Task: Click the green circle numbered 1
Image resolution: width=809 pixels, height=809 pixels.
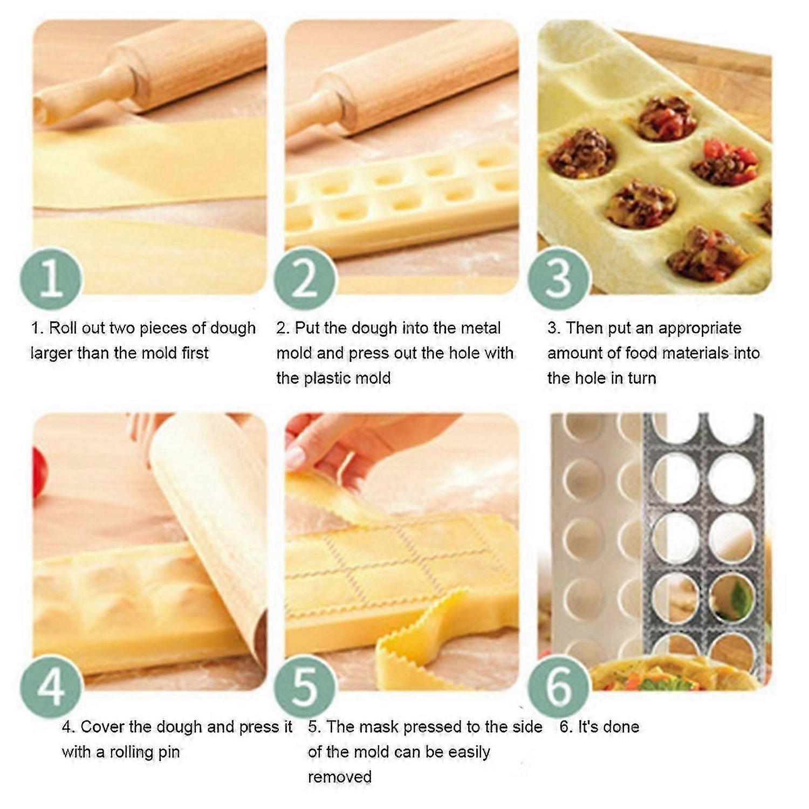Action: pyautogui.click(x=51, y=278)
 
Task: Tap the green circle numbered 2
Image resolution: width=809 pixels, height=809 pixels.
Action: pyautogui.click(x=305, y=278)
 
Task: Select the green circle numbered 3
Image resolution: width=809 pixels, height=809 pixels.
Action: pyautogui.click(x=558, y=278)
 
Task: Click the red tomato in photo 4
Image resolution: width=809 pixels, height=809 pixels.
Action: pyautogui.click(x=39, y=472)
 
